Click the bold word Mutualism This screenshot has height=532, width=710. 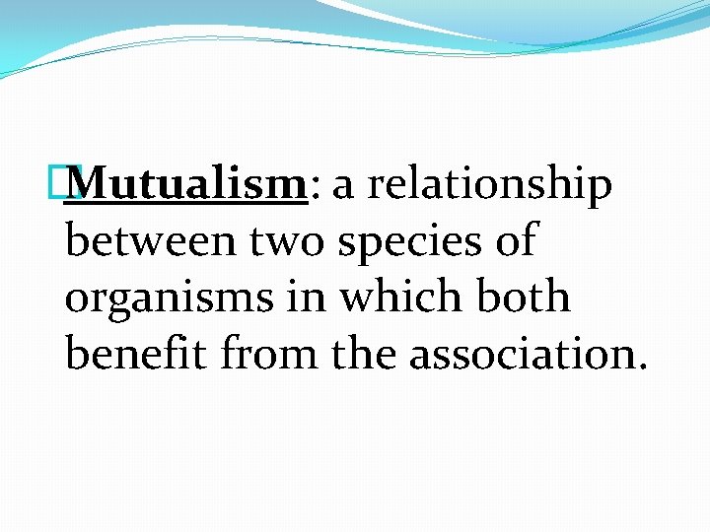point(189,184)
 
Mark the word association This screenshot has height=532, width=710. point(521,353)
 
